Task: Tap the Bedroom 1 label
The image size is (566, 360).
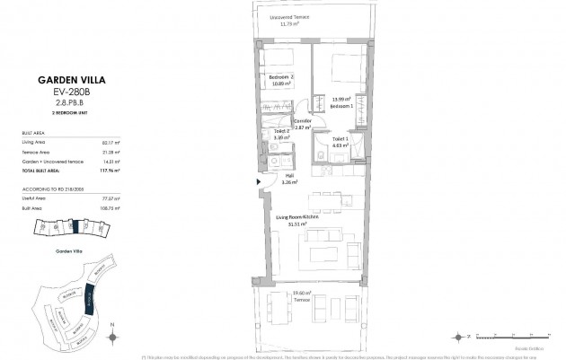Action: click(x=340, y=105)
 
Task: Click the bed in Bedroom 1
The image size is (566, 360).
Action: click(x=343, y=69)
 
